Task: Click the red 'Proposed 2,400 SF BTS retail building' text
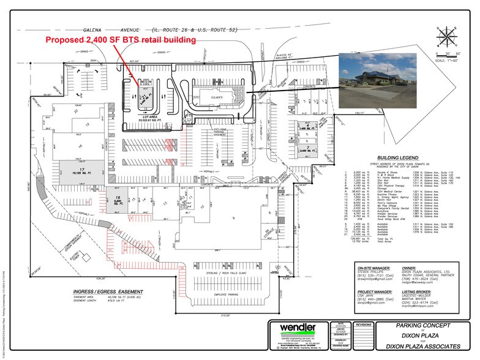pos(121,40)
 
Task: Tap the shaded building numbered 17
pos(80,170)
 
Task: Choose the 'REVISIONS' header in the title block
pos(363,325)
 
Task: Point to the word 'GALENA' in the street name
pos(96,30)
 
